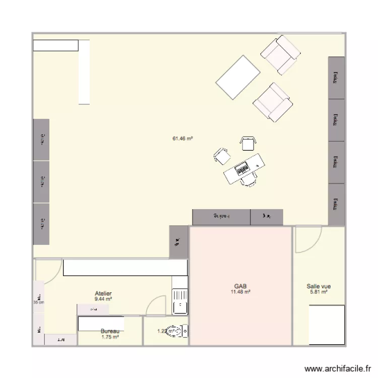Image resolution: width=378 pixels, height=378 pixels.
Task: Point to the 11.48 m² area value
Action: tap(241, 291)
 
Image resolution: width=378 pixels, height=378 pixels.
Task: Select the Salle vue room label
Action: tap(319, 286)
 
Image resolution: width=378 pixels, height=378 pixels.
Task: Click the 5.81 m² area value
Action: tap(319, 292)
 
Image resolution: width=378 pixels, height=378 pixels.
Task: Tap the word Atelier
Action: tap(103, 293)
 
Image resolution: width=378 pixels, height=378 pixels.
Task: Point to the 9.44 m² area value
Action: tap(103, 299)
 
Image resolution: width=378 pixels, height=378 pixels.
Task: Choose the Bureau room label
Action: tap(110, 331)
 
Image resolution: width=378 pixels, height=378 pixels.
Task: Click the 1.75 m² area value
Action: tap(110, 337)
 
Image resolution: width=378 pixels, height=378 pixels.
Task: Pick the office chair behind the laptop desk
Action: tap(247, 180)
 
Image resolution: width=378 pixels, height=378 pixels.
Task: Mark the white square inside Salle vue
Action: tap(326, 325)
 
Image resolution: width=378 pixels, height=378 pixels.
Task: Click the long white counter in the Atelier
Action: tap(124, 268)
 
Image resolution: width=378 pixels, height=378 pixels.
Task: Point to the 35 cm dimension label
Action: tap(39, 302)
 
